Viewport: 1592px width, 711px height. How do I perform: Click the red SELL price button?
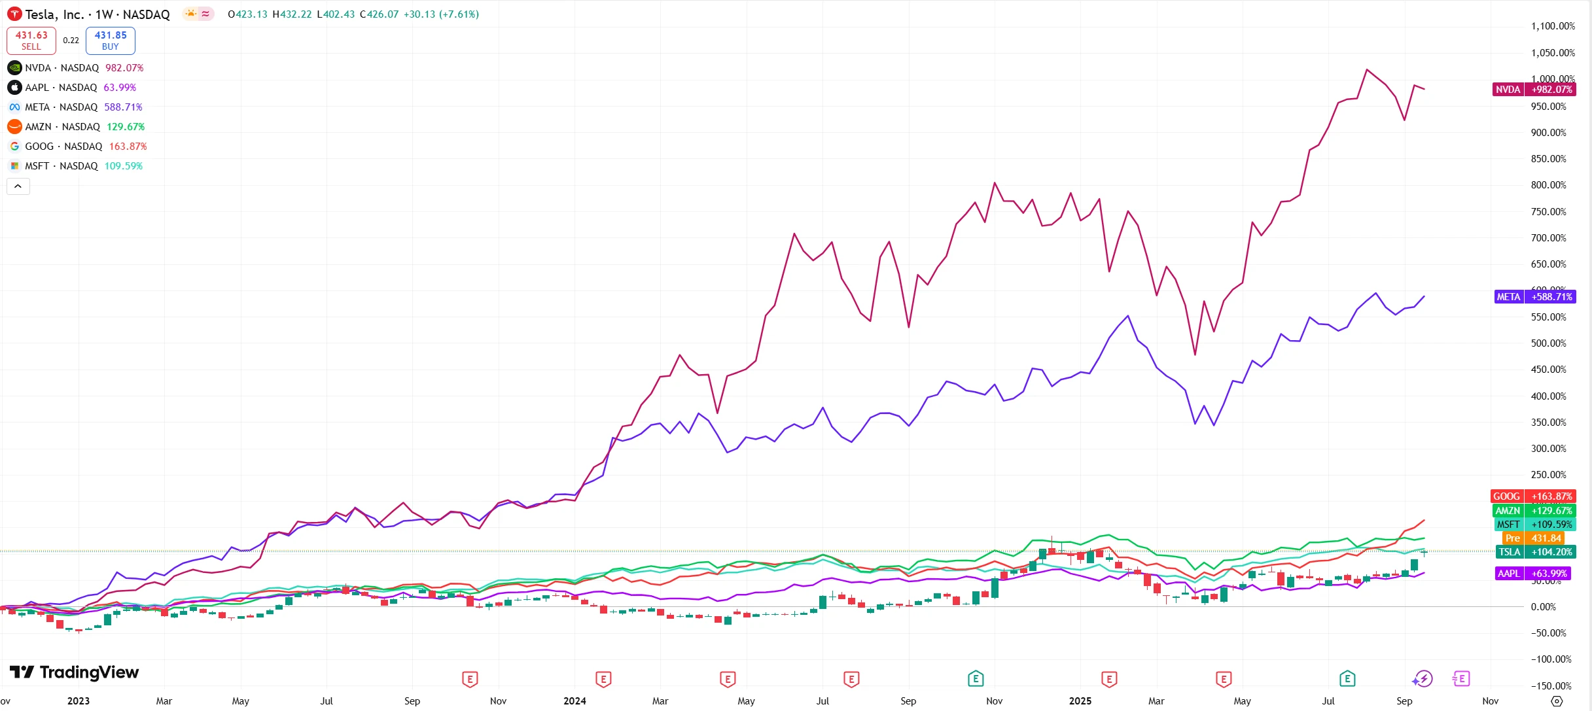pos(31,41)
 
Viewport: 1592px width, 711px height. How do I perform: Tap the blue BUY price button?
pos(111,41)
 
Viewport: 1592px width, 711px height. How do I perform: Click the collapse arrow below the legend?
pos(18,186)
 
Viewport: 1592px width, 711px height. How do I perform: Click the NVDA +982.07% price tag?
pos(1534,90)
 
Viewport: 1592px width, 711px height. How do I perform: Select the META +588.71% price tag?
pos(1534,297)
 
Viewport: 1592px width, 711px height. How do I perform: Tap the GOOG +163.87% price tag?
pos(1533,496)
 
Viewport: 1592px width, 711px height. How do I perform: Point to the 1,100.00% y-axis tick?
pos(1553,26)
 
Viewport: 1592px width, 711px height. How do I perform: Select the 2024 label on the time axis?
pos(575,701)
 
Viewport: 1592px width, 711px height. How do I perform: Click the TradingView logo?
pos(75,672)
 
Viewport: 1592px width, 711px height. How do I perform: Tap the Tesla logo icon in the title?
pos(14,14)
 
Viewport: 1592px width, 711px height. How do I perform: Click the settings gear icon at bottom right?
pos(1557,701)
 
